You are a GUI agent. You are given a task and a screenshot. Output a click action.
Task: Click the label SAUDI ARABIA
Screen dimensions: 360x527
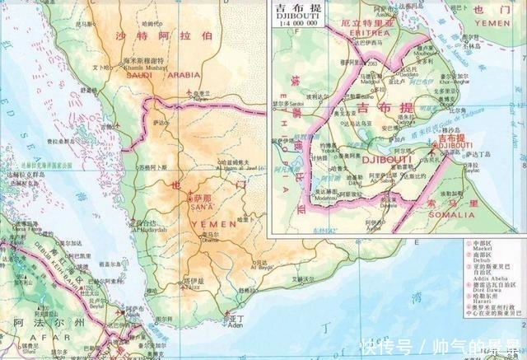tap(161, 76)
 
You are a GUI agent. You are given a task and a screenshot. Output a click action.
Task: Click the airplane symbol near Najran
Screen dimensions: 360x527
tap(192, 90)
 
